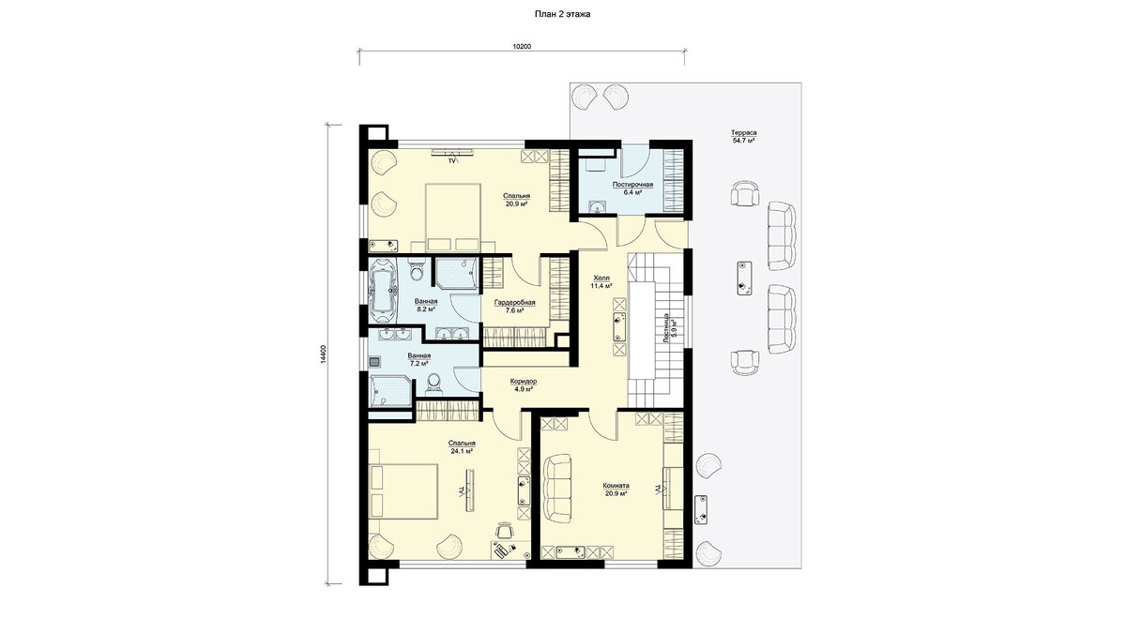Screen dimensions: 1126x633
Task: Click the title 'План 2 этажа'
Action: pyautogui.click(x=562, y=15)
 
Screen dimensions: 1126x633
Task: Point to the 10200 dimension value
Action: pyautogui.click(x=522, y=47)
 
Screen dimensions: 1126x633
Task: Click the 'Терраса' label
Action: pyautogui.click(x=743, y=133)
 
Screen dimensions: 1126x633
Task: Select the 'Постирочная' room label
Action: pyautogui.click(x=632, y=185)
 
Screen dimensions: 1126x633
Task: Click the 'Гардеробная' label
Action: pyautogui.click(x=514, y=303)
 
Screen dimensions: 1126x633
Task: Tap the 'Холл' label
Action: pyautogui.click(x=601, y=278)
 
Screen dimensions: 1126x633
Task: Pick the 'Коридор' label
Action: pyautogui.click(x=523, y=382)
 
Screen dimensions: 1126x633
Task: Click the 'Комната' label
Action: pyautogui.click(x=616, y=486)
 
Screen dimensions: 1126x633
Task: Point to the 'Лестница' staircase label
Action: pyautogui.click(x=666, y=328)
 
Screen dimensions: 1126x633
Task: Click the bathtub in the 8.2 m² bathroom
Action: pyautogui.click(x=383, y=292)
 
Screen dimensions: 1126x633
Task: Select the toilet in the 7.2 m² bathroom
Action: pyautogui.click(x=433, y=384)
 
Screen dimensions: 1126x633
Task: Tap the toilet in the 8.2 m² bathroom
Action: pyautogui.click(x=416, y=269)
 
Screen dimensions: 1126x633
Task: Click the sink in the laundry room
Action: pyautogui.click(x=598, y=206)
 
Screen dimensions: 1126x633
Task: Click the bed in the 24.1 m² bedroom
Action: pyautogui.click(x=403, y=491)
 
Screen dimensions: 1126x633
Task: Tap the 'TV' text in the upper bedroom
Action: pyautogui.click(x=451, y=160)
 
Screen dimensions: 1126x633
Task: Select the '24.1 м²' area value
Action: pyautogui.click(x=462, y=451)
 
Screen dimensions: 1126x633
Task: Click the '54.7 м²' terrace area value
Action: pyautogui.click(x=744, y=142)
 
